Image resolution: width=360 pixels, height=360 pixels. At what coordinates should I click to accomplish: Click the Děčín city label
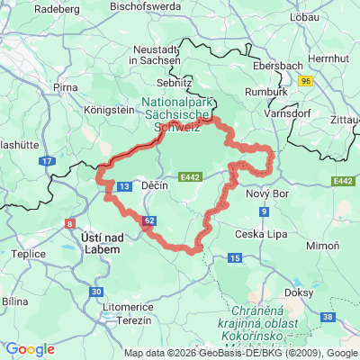[156, 184]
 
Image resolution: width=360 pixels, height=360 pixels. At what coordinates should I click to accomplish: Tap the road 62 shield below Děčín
[149, 219]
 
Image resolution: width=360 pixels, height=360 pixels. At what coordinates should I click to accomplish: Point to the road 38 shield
[329, 318]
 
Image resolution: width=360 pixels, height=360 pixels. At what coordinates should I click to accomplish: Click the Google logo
[30, 349]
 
